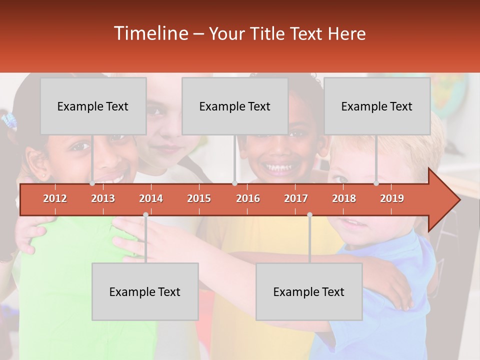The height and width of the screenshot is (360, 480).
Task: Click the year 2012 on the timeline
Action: click(55, 198)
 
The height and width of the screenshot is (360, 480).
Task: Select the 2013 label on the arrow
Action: click(103, 198)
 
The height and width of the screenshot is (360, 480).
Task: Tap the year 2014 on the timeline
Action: click(151, 198)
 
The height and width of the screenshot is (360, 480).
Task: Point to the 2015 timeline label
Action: click(199, 198)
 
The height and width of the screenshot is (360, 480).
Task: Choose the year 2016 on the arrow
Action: click(248, 198)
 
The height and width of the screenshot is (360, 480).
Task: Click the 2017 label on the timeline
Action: click(296, 198)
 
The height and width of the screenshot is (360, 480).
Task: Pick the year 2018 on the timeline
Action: click(344, 198)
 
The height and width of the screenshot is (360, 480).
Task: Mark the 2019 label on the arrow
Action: click(392, 198)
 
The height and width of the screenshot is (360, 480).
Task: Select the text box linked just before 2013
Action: click(93, 106)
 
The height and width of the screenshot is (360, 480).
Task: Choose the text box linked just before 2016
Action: click(235, 106)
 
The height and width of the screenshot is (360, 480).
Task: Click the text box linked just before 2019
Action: click(377, 106)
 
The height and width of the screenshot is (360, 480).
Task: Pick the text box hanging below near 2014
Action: click(145, 291)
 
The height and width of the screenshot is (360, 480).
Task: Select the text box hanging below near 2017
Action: click(309, 291)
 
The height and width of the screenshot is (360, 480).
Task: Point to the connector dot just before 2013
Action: click(92, 183)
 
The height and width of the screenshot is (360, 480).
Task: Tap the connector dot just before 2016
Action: click(234, 183)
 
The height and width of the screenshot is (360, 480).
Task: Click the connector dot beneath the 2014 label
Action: click(145, 214)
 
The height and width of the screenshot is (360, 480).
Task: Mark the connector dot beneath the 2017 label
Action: click(309, 214)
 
